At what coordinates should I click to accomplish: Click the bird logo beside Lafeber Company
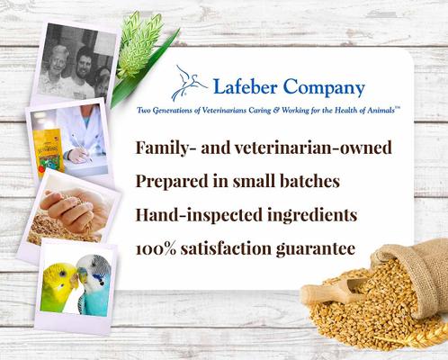(189, 81)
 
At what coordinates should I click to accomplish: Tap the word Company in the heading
(323, 88)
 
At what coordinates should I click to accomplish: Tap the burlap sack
(410, 256)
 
